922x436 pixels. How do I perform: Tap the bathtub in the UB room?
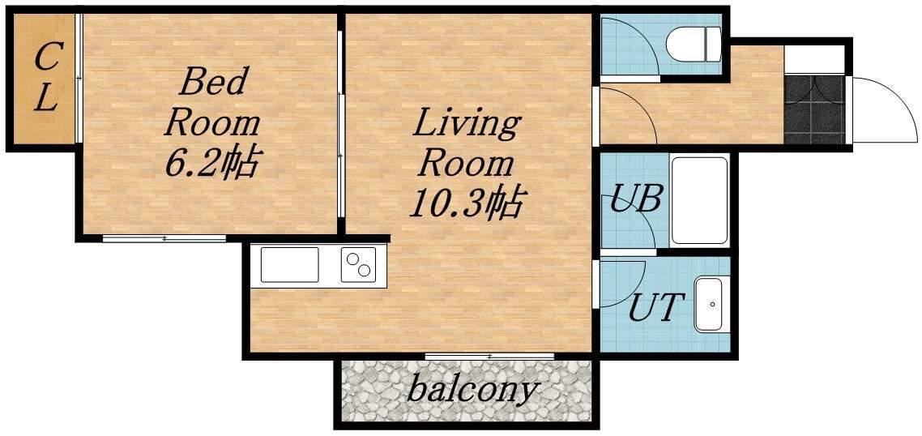[699, 200]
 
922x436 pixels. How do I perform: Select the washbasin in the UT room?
[708, 304]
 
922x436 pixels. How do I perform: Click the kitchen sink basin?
[289, 265]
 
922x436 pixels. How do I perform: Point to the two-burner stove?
[358, 265]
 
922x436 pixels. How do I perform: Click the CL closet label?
[46, 79]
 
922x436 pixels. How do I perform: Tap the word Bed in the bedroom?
[211, 83]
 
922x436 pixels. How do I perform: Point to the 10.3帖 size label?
[467, 202]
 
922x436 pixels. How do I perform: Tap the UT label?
[656, 306]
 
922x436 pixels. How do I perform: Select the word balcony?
[473, 389]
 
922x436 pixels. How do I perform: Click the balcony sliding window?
[489, 356]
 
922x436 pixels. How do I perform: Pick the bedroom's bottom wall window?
[164, 238]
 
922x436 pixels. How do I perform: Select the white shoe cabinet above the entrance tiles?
[814, 59]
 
